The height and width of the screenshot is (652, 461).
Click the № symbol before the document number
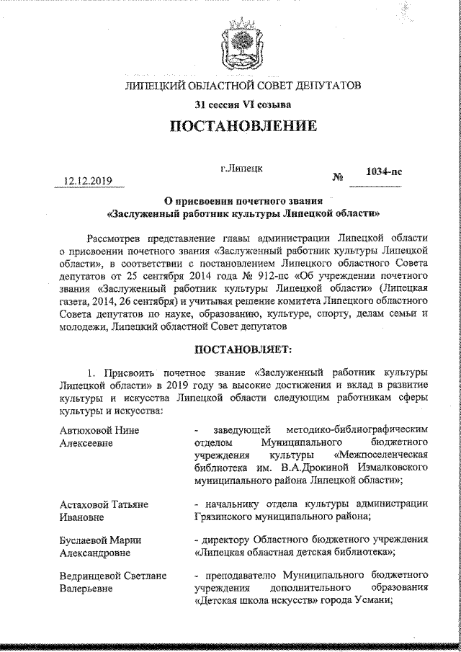336,177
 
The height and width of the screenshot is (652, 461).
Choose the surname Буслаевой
86,541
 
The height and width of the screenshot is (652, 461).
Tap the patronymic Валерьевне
86,590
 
